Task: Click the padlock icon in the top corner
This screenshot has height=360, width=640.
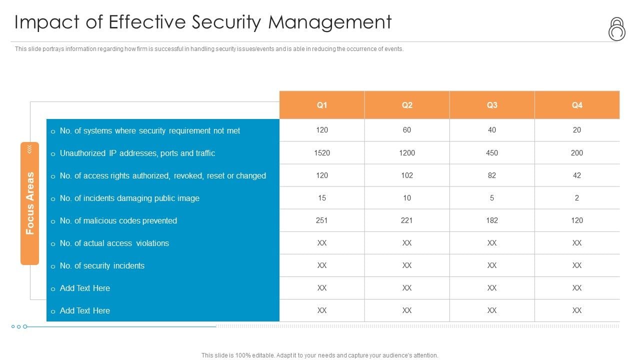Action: [616, 29]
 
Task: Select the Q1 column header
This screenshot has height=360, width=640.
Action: [322, 105]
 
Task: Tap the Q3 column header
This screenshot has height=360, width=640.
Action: [492, 105]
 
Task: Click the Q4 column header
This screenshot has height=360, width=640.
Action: [577, 105]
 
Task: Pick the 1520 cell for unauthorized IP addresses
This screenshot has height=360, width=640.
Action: [322, 153]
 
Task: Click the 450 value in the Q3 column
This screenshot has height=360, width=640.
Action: [492, 153]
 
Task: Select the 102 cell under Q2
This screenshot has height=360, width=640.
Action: [407, 175]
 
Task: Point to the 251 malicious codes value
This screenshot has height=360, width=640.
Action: [322, 220]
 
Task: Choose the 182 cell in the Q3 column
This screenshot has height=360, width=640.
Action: [492, 220]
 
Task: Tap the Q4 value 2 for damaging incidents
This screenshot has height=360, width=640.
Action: [577, 198]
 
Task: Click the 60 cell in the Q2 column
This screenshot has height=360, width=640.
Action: [407, 130]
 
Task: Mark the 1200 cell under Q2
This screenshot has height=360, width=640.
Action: [407, 153]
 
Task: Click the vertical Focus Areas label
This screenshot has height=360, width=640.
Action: [30, 203]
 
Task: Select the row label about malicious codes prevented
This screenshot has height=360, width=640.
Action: [118, 220]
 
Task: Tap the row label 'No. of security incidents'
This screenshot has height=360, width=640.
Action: [102, 265]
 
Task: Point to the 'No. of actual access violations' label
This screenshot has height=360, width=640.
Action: [114, 243]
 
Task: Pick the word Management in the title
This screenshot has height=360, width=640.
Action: [330, 22]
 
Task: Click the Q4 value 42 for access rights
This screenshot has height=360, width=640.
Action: [577, 175]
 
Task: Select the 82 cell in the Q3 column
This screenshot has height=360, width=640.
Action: [492, 175]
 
